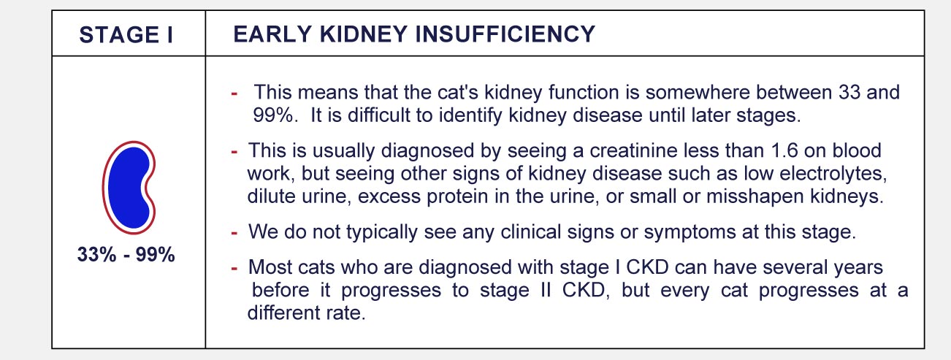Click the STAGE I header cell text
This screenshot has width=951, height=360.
click(126, 35)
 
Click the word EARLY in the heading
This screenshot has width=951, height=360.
click(273, 34)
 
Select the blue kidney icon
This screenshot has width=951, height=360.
click(129, 187)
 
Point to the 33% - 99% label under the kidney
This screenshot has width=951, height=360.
click(126, 254)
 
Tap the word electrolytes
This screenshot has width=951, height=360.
click(833, 173)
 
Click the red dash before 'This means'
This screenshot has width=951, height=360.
click(234, 93)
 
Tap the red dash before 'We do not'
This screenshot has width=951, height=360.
click(234, 233)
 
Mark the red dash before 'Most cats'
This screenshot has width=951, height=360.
click(234, 268)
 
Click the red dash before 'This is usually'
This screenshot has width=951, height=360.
click(234, 152)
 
